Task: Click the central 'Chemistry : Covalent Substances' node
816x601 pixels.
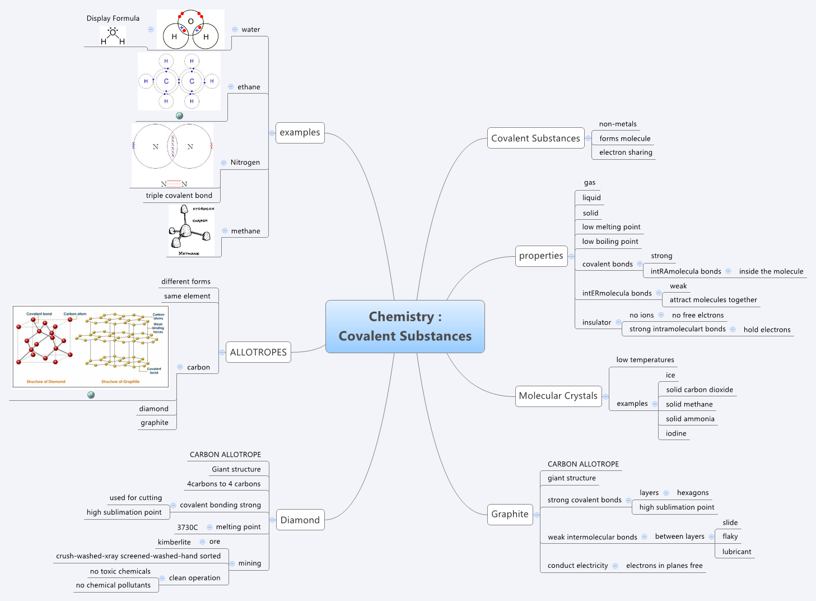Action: [405, 326]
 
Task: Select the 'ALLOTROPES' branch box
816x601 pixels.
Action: [258, 352]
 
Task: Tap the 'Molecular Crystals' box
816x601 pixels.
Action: [558, 396]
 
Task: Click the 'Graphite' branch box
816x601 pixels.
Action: [510, 514]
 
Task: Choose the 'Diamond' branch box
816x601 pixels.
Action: [300, 520]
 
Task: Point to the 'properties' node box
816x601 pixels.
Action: [541, 256]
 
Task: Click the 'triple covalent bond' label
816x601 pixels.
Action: [179, 196]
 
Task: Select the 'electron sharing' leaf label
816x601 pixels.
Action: [626, 152]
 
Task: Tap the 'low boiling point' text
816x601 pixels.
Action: [610, 242]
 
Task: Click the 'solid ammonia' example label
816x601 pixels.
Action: [690, 419]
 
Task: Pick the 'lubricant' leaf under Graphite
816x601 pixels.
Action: [736, 552]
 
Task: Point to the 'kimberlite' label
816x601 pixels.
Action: [174, 542]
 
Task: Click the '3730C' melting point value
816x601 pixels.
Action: [188, 528]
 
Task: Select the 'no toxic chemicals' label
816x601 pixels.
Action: [120, 571]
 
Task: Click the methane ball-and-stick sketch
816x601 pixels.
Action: [190, 230]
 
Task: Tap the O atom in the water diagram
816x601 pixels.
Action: [190, 21]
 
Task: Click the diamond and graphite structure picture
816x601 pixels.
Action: [91, 346]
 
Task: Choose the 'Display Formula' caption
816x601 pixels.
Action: [113, 19]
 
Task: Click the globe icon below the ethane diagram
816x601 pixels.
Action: [179, 115]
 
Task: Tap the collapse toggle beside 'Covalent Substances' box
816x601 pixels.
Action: [588, 138]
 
